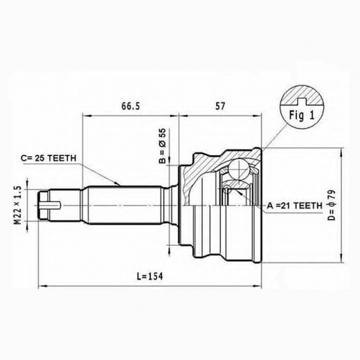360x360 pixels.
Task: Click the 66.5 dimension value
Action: click(131, 106)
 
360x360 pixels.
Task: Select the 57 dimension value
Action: click(220, 106)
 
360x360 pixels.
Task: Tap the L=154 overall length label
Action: click(150, 276)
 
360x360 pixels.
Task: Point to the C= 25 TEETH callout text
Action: click(48, 159)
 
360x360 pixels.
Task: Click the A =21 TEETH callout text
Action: click(294, 205)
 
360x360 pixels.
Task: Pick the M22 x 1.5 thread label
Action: click(18, 206)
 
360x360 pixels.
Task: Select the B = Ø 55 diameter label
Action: click(163, 146)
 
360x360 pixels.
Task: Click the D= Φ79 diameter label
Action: click(332, 205)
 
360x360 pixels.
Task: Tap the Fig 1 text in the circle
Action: click(302, 115)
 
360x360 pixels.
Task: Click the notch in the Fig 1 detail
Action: click(301, 101)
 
